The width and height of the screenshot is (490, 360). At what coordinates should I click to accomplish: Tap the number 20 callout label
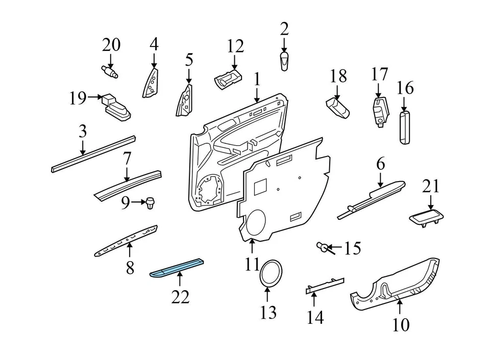(x=111, y=45)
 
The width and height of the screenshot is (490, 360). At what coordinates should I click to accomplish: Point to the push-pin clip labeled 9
(x=150, y=203)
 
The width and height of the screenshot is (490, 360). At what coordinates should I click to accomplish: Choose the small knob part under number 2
(x=284, y=61)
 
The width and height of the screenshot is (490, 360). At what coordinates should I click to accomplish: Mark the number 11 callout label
(x=252, y=265)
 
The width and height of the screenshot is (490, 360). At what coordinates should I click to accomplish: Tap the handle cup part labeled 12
(x=228, y=80)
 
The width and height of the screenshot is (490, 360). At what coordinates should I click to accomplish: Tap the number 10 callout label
(x=401, y=324)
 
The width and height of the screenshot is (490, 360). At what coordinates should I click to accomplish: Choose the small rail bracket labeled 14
(x=325, y=286)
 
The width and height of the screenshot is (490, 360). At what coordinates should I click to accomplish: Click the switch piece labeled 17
(x=380, y=112)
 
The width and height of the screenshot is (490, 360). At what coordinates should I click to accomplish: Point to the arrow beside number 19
(x=95, y=96)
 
